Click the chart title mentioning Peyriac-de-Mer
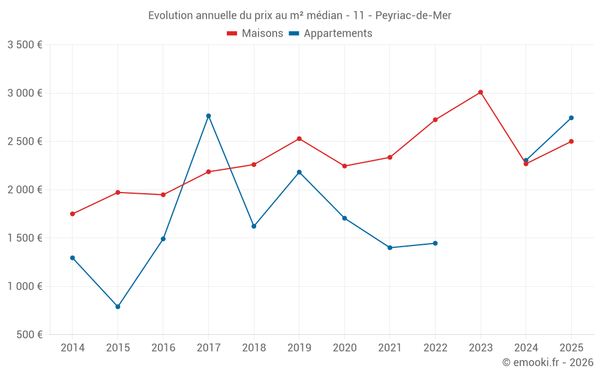coord(299,15)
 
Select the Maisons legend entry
coord(255,34)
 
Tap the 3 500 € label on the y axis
coord(25,45)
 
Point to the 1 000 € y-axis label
coord(25,286)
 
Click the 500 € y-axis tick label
coord(30,335)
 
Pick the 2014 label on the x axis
coord(73,347)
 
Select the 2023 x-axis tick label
coord(481,347)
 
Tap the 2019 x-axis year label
coord(299,347)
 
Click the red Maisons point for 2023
coord(481,92)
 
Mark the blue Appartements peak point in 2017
coord(209,116)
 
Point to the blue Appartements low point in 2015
coord(118,307)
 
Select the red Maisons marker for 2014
coord(73,214)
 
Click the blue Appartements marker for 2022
coord(435,243)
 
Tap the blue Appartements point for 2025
coord(571,118)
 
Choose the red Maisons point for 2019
coord(299,139)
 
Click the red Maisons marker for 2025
coord(571,142)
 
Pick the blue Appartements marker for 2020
coord(344,218)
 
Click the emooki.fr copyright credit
coord(547,362)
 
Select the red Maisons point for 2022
coord(435,120)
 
